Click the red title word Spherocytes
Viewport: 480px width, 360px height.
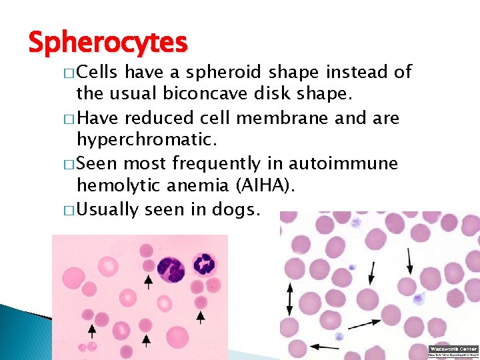[108, 43]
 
